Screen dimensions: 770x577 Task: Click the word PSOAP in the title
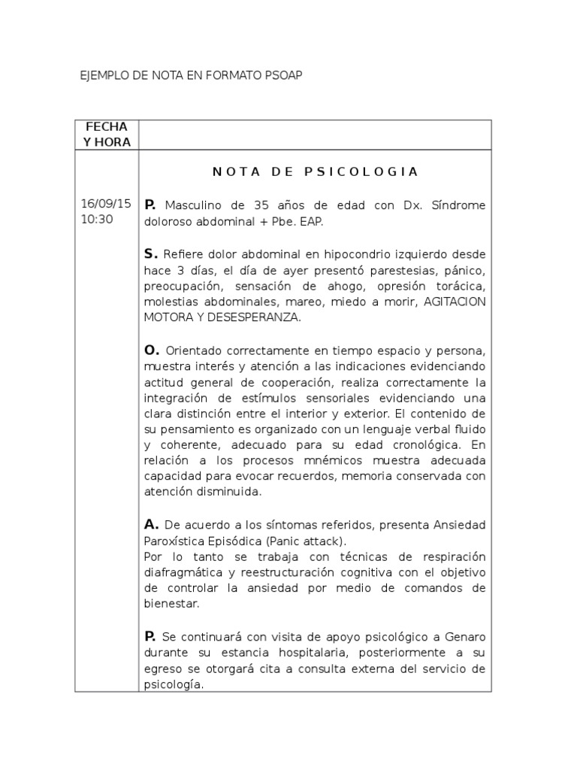coord(284,77)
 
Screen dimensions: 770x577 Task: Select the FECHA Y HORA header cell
coord(106,135)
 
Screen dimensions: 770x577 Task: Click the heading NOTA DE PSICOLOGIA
coord(315,171)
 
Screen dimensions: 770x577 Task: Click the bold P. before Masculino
coord(150,205)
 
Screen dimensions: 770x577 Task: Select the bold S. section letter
coord(150,253)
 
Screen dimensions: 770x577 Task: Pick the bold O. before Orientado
coord(151,350)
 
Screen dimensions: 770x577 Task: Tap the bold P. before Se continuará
coord(150,635)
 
